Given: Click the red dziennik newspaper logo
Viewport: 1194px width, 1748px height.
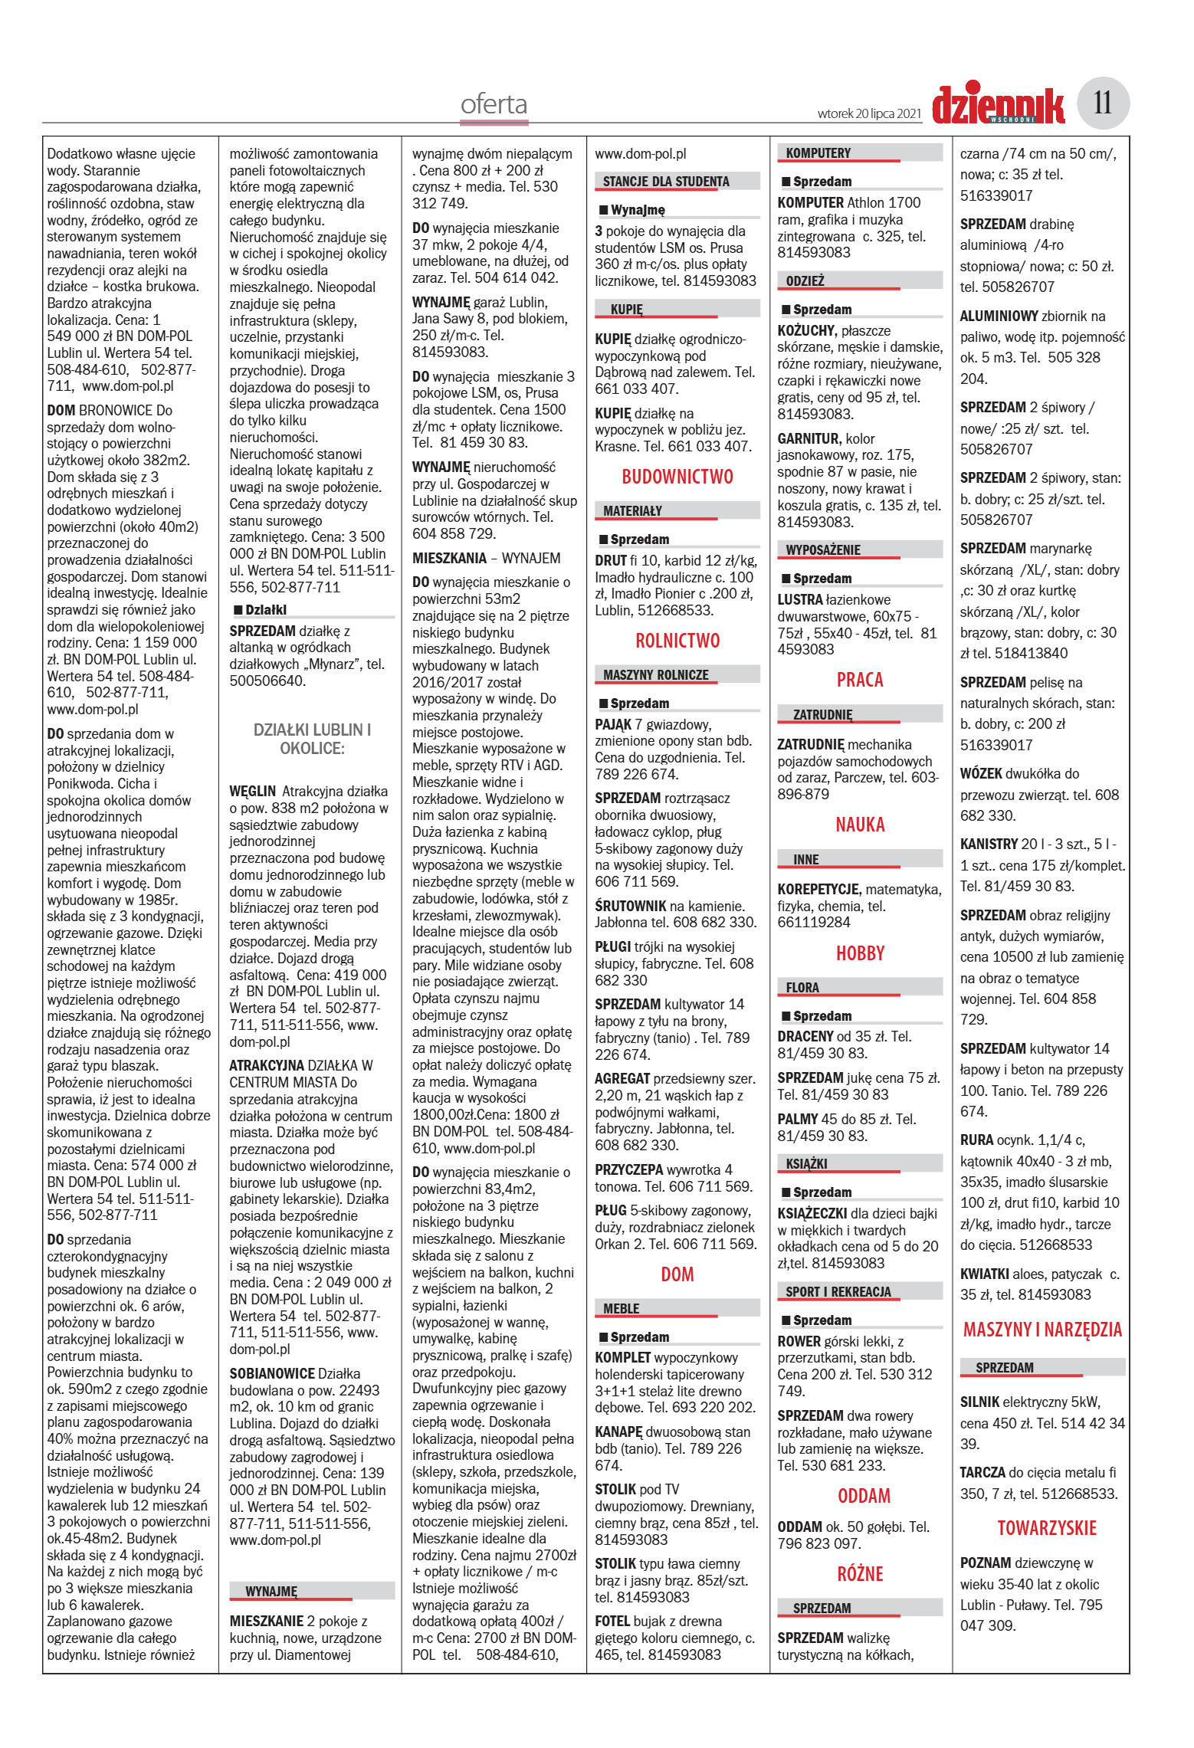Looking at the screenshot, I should [x=998, y=105].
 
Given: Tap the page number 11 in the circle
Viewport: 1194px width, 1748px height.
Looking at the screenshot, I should [x=1103, y=103].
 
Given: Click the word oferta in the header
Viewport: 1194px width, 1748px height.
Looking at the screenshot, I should [x=494, y=104].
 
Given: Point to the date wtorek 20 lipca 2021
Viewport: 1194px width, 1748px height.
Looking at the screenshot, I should [x=869, y=113].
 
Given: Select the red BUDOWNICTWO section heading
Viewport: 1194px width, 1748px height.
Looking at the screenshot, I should [x=677, y=477].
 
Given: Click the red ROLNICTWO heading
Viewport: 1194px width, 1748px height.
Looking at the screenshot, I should [x=677, y=641].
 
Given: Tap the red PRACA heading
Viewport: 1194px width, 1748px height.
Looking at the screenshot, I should [x=860, y=680].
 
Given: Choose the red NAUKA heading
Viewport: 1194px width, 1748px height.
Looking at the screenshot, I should [x=860, y=825].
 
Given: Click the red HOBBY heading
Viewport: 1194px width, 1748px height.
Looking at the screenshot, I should [x=860, y=953].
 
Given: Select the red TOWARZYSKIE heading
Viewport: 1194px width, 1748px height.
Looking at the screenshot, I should [x=1047, y=1528].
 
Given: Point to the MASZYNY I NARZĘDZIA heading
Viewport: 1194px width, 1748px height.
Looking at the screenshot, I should [x=1042, y=1330].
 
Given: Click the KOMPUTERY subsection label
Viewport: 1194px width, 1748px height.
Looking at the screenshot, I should [x=818, y=153].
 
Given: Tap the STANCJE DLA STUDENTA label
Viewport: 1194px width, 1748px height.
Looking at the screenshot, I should [x=666, y=182].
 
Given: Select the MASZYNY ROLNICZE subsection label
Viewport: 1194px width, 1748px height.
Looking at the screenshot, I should [x=655, y=675].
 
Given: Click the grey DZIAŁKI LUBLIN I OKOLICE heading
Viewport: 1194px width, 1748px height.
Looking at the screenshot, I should [x=312, y=740].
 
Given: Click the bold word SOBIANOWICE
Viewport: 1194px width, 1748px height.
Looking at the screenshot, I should [x=272, y=1373].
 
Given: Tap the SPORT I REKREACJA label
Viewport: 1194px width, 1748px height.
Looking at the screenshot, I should [x=838, y=1292].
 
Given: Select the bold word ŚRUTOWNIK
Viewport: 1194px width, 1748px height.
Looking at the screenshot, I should [x=630, y=906].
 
